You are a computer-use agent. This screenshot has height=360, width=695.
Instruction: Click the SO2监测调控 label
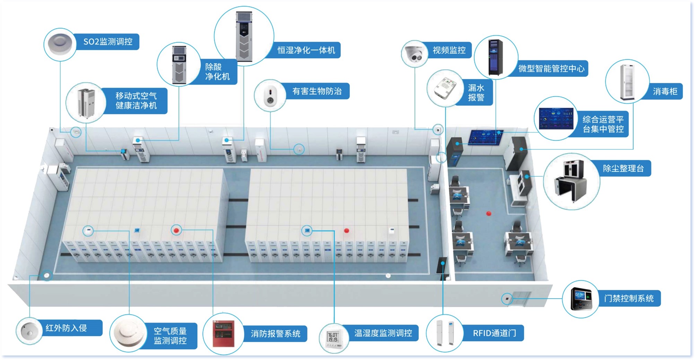108,42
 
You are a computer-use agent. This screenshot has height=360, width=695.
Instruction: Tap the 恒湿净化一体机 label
306,50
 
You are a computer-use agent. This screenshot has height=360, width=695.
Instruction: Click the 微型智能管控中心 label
551,68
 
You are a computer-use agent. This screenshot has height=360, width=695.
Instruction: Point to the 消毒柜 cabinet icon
627,82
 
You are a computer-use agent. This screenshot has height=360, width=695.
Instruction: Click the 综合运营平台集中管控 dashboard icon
556,118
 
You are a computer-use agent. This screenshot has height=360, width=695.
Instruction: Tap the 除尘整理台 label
623,169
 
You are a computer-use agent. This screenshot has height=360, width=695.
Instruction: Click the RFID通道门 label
494,333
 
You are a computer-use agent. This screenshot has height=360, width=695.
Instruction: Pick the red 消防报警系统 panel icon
223,334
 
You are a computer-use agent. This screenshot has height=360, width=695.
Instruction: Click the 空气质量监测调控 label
170,336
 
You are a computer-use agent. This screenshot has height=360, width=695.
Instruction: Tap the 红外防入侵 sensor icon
29,330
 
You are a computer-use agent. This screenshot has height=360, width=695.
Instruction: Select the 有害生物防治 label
317,91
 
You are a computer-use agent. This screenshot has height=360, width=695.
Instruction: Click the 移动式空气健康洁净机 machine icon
86,103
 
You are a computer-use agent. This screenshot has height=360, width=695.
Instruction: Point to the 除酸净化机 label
217,72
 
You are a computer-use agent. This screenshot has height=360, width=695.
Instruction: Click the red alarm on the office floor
489,213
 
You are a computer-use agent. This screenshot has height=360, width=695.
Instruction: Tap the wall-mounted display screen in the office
486,137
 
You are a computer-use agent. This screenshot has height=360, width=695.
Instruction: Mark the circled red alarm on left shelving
176,230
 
